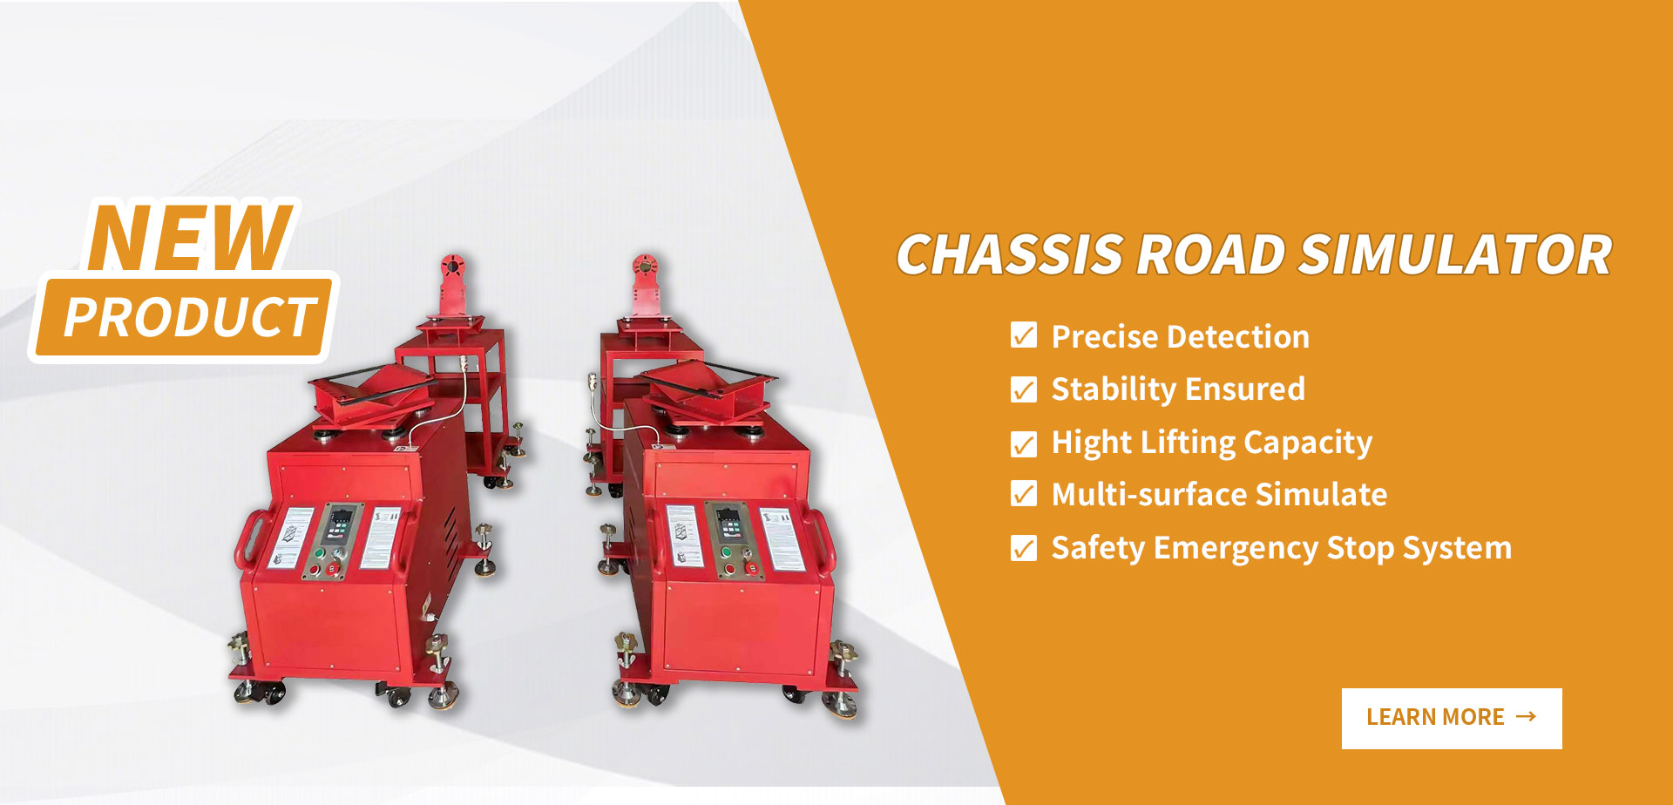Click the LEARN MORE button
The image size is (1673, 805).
pyautogui.click(x=1452, y=718)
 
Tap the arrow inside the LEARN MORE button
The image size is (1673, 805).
pyautogui.click(x=1526, y=716)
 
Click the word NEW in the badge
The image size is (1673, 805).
pyautogui.click(x=190, y=237)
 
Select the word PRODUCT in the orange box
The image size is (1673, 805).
pyautogui.click(x=189, y=316)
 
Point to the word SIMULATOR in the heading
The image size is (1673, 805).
pyautogui.click(x=1455, y=255)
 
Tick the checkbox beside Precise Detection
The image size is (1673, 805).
pyautogui.click(x=1024, y=335)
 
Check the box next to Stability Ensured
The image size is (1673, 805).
pyautogui.click(x=1024, y=389)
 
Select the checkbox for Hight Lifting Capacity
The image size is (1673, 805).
pyautogui.click(x=1024, y=443)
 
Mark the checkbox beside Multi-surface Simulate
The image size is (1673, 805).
pyautogui.click(x=1024, y=494)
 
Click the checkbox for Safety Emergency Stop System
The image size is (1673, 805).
pyautogui.click(x=1024, y=548)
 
